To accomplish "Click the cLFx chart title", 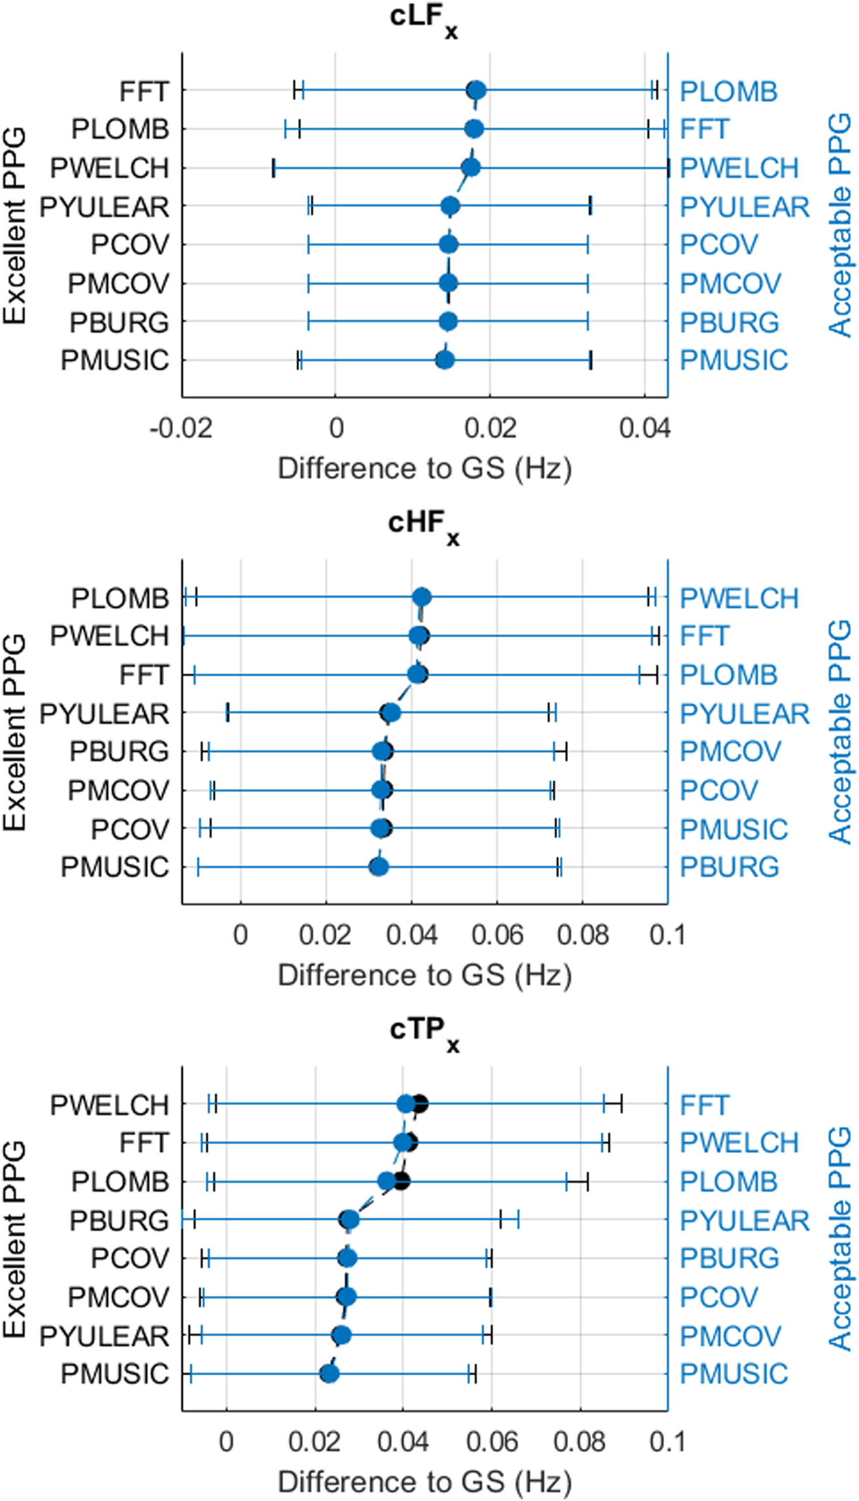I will tap(423, 20).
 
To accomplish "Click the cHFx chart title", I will tap(423, 526).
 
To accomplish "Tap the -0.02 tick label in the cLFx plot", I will tap(181, 428).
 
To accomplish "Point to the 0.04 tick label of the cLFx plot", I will tap(644, 428).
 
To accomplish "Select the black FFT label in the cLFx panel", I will tap(144, 91).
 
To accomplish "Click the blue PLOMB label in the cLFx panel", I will tap(728, 91).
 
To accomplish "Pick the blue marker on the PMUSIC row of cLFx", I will tap(445, 359).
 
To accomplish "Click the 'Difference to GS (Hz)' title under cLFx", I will tap(425, 468).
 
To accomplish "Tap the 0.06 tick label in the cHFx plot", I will tap(497, 935).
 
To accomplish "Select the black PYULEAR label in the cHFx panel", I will tap(104, 714).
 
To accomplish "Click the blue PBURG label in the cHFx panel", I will tap(729, 867).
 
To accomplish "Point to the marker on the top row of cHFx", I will tap(422, 597).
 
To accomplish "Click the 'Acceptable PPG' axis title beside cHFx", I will tap(839, 732).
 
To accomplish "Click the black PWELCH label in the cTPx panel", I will tap(109, 1104).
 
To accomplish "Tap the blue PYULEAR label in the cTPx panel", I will tap(744, 1220).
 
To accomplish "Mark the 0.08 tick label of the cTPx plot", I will tap(579, 1442).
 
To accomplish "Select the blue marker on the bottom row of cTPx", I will tap(330, 1373).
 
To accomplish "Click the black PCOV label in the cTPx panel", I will tap(130, 1258).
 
